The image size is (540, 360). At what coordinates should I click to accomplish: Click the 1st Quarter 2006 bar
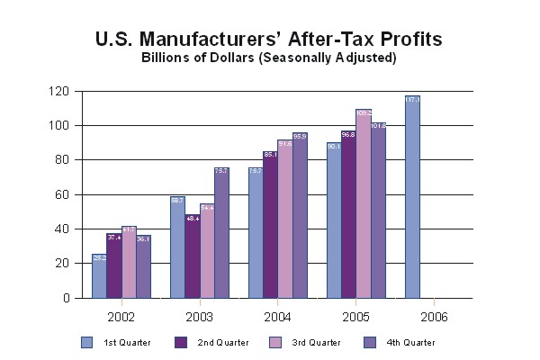412,197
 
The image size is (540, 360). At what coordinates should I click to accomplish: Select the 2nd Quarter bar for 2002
113,265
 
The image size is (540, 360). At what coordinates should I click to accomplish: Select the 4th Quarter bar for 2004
300,215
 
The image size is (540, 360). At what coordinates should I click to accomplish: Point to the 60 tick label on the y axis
62,194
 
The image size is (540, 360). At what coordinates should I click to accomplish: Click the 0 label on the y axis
66,298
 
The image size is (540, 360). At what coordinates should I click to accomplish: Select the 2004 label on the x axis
278,317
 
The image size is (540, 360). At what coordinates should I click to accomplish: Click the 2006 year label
434,317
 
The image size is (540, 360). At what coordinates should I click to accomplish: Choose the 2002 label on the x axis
121,317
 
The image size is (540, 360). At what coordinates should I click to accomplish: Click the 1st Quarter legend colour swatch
87,342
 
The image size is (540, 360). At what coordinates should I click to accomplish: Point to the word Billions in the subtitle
169,58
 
